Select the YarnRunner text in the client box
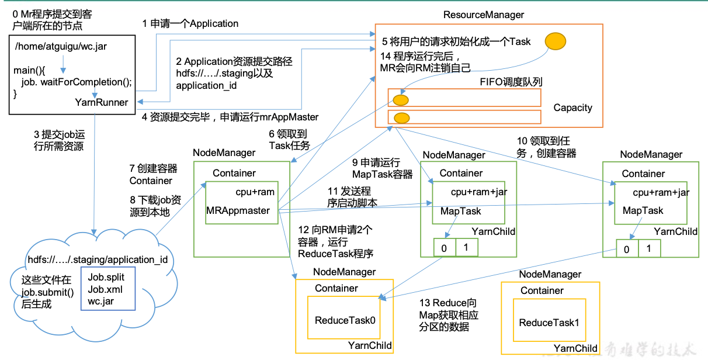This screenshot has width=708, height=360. (102, 102)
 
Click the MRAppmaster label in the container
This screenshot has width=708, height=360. (238, 210)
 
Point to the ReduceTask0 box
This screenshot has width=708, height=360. (344, 320)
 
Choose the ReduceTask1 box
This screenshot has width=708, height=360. (548, 323)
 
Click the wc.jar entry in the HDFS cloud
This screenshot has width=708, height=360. (101, 302)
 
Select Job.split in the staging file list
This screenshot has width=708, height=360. (106, 277)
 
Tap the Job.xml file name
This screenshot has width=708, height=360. (105, 289)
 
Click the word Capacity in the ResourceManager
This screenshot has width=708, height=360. (572, 108)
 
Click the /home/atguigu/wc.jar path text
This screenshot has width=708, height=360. (61, 46)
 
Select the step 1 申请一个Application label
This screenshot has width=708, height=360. (190, 24)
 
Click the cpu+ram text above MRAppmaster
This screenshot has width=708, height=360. (255, 192)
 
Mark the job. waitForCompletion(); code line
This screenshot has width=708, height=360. (77, 81)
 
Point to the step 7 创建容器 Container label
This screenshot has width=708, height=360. (153, 174)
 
